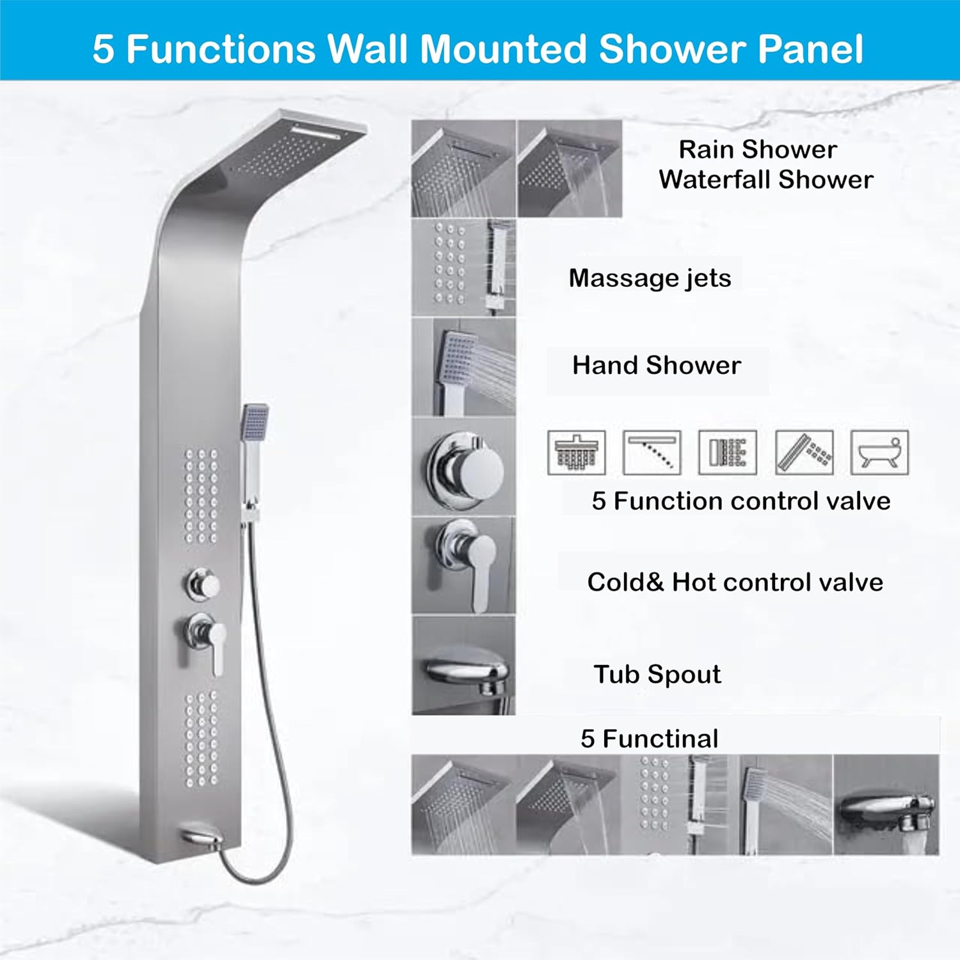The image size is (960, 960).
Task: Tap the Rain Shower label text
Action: click(758, 150)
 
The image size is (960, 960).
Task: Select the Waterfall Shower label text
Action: click(766, 180)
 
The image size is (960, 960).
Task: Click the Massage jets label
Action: click(650, 278)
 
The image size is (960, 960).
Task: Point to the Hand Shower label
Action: click(657, 365)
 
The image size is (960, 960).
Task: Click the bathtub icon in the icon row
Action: click(879, 452)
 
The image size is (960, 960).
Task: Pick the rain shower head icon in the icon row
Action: click(577, 452)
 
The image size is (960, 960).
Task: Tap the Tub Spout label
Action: click(657, 675)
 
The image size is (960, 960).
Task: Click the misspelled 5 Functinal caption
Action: click(650, 739)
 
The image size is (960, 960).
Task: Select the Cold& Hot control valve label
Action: click(735, 582)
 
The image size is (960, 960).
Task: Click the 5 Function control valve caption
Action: click(741, 501)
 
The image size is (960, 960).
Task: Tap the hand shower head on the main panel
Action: click(255, 422)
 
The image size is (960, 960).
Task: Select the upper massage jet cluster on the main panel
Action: click(202, 496)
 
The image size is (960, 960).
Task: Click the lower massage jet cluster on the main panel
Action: click(202, 739)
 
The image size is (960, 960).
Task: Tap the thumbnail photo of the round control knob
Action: click(464, 467)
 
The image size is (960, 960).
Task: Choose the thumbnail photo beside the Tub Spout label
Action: click(464, 666)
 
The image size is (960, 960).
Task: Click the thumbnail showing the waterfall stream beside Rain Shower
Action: click(570, 168)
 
